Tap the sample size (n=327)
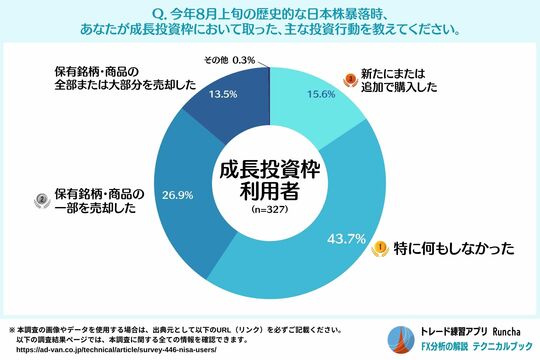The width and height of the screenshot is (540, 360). [270, 212]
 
